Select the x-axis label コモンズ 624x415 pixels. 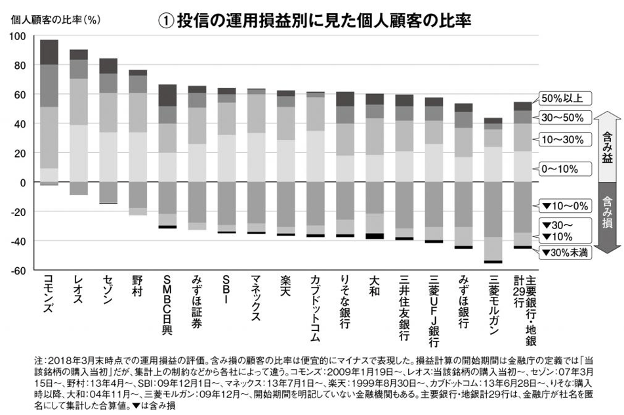point(49,295)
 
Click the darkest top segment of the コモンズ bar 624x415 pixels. point(49,52)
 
